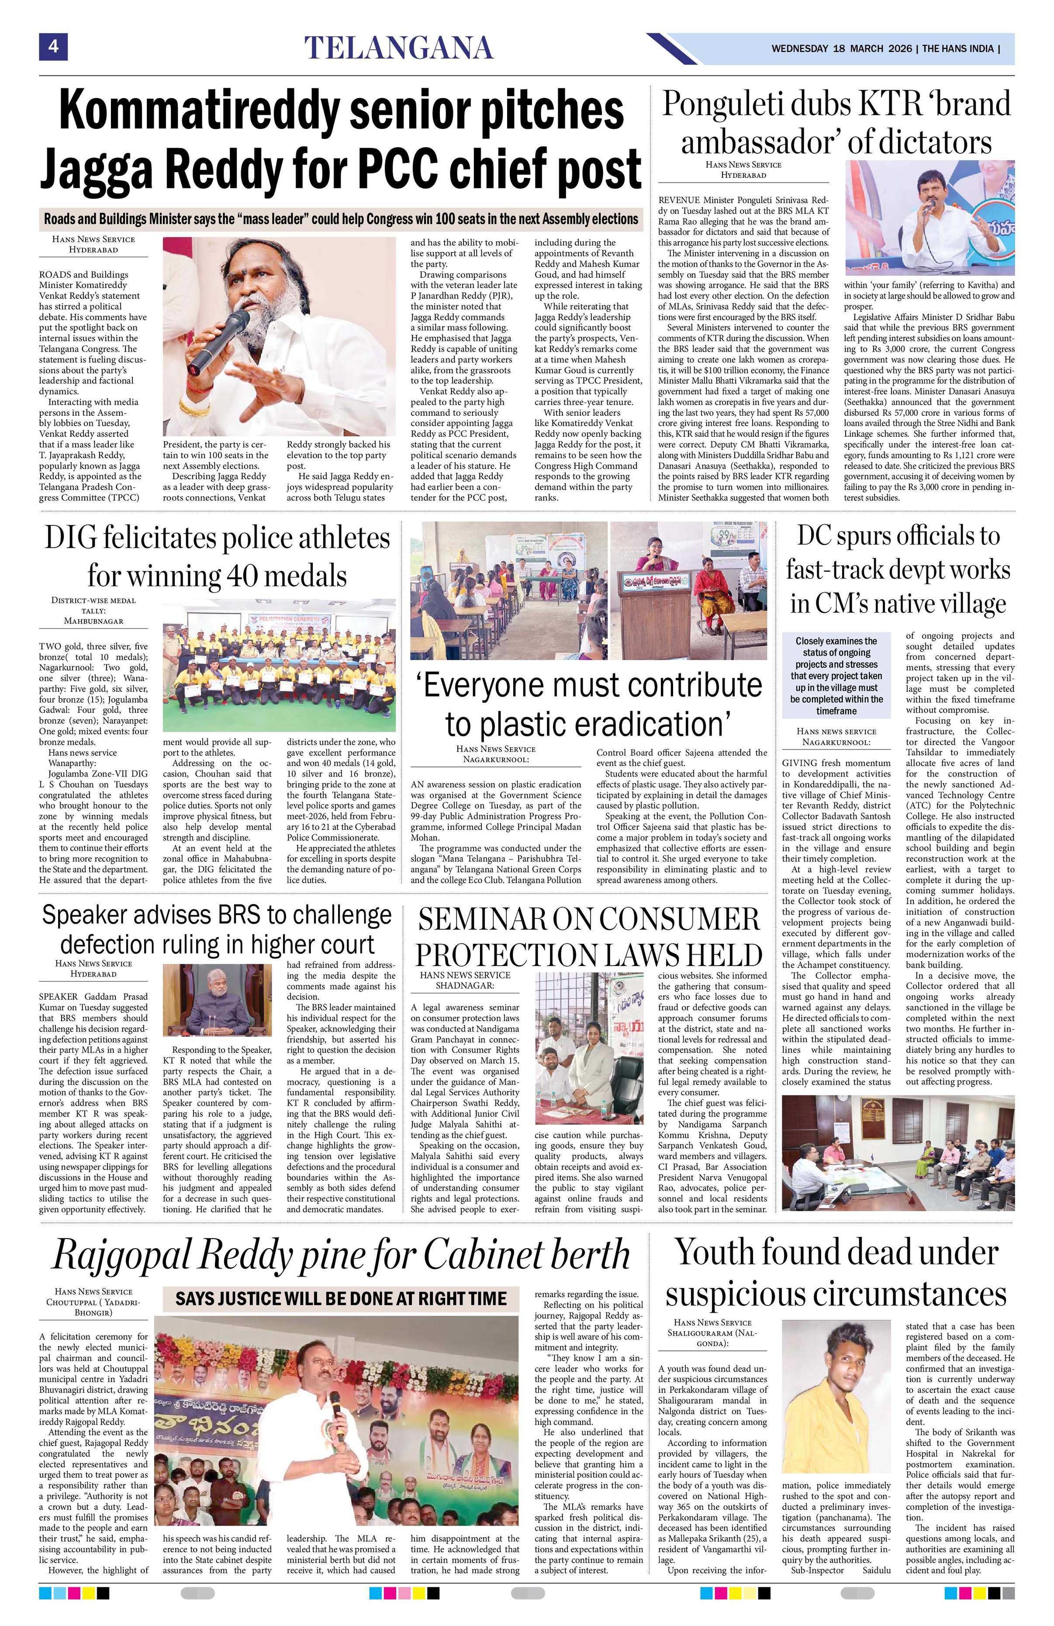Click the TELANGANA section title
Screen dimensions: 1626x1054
[x=398, y=48]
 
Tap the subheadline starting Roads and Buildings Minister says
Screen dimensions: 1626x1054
[x=340, y=219]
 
